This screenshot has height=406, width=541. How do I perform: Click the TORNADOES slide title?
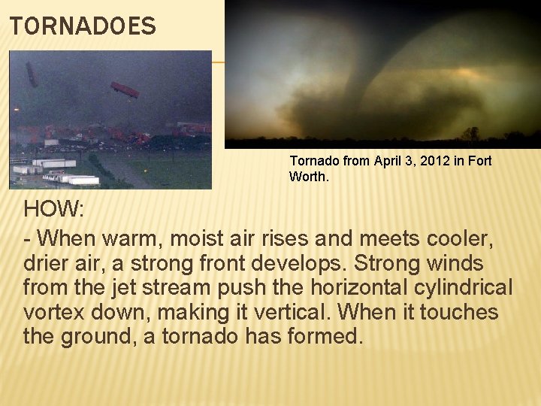tap(83, 27)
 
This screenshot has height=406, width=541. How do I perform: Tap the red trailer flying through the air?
tap(125, 90)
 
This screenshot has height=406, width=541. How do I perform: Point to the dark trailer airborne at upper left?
tap(32, 74)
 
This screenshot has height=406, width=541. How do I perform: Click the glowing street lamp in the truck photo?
tap(17, 110)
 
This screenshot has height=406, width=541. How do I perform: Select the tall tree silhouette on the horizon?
tap(470, 134)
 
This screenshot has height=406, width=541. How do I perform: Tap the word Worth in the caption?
tap(304, 177)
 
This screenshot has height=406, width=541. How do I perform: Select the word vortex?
tap(53, 311)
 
